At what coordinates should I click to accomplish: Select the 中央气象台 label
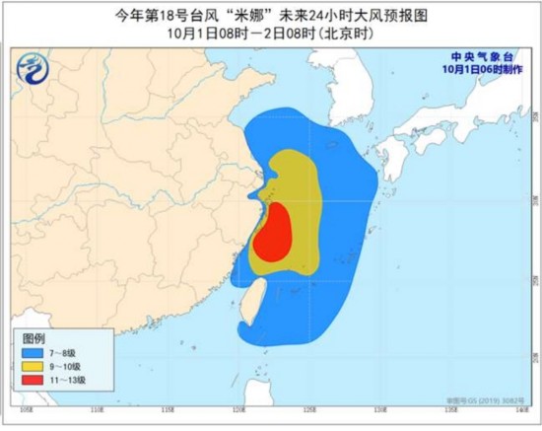pos(477,57)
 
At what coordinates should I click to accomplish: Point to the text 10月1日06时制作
pos(476,69)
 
